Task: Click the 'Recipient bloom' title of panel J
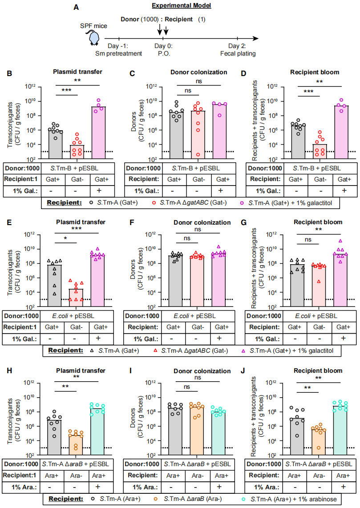coord(319,370)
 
